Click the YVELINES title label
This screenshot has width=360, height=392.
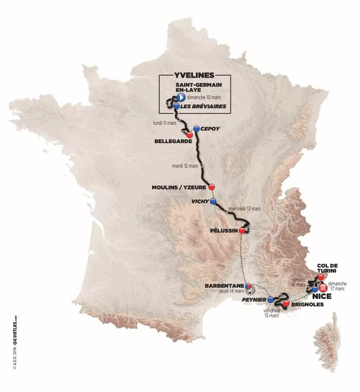[194, 75]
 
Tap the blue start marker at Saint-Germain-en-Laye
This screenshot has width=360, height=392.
[180, 98]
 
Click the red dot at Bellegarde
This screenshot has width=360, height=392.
[190, 135]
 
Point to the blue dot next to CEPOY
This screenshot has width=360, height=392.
[196, 129]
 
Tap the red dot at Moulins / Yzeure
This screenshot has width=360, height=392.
[212, 187]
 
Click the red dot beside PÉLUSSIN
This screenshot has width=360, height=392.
[242, 231]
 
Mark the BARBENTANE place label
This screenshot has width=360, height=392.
[224, 286]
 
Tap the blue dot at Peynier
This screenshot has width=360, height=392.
[270, 299]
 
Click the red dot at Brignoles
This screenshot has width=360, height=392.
[286, 304]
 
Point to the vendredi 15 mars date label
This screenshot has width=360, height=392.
[272, 313]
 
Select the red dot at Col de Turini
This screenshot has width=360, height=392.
[321, 277]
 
